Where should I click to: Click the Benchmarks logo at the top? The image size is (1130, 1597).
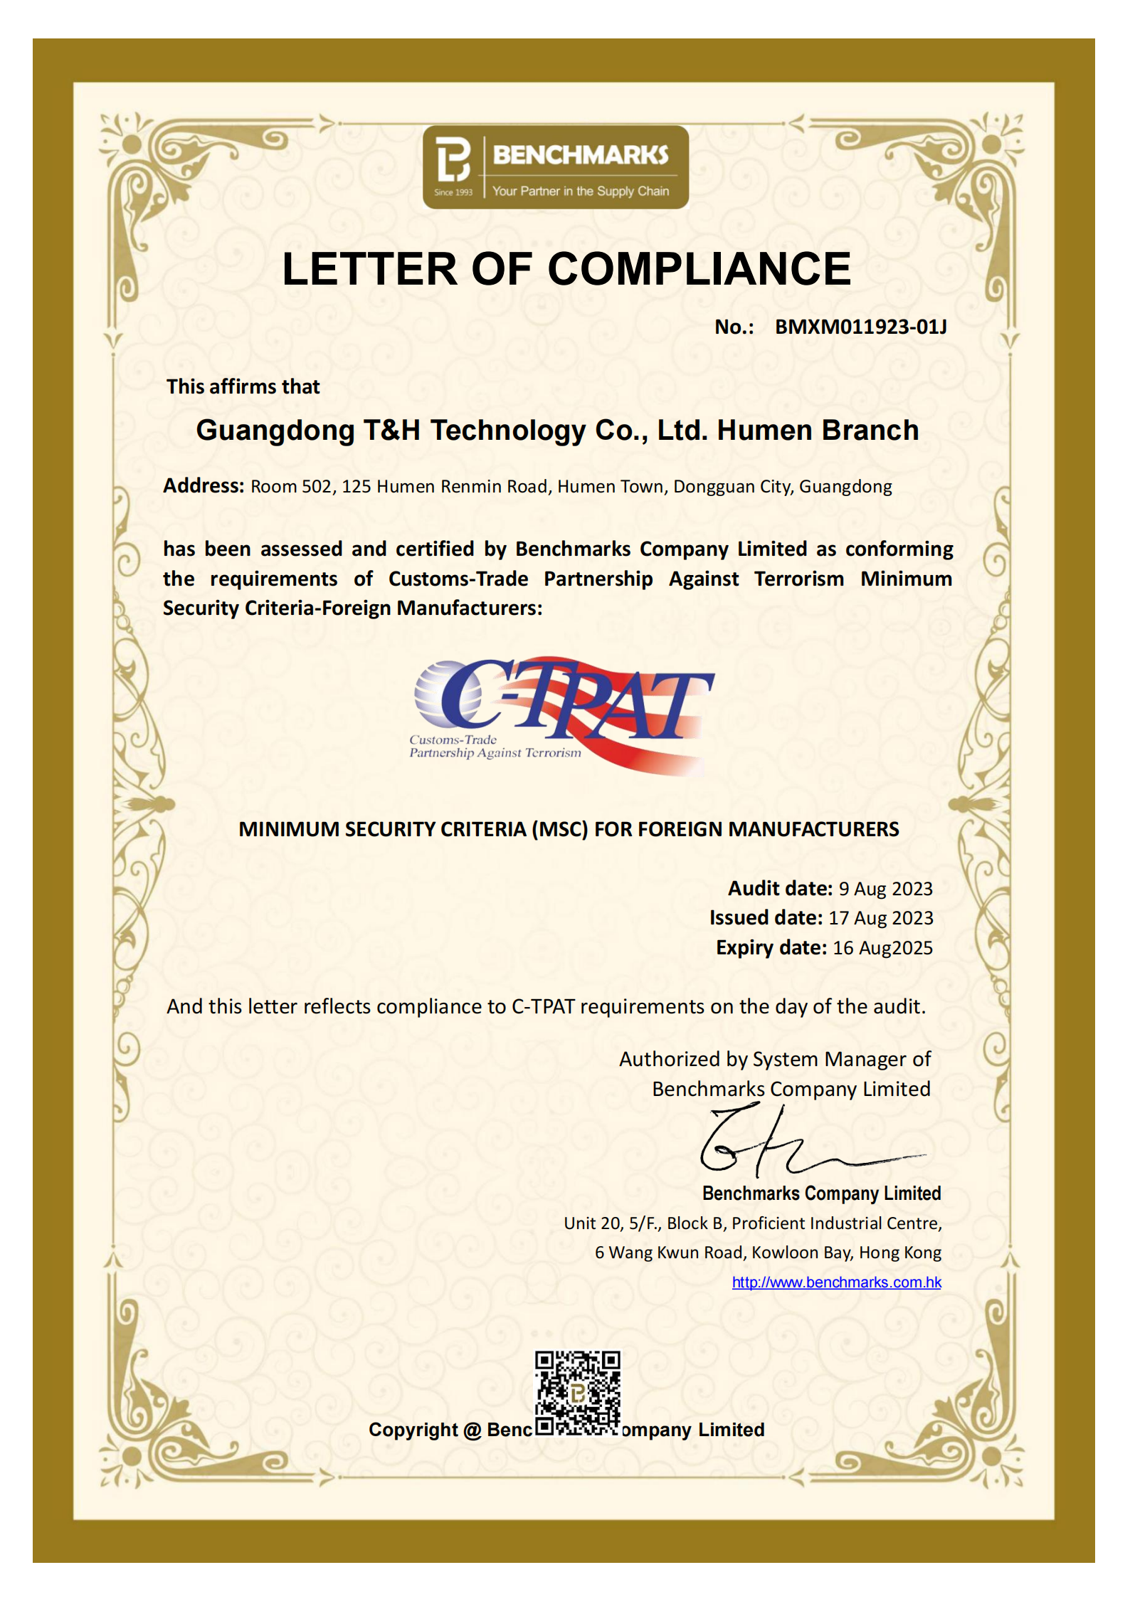pyautogui.click(x=555, y=167)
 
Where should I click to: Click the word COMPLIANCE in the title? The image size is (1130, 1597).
pyautogui.click(x=699, y=269)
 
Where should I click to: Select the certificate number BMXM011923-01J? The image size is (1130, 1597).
pyautogui.click(x=860, y=327)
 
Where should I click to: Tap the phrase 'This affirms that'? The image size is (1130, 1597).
pyautogui.click(x=243, y=386)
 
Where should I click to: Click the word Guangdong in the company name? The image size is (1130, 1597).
pyautogui.click(x=275, y=431)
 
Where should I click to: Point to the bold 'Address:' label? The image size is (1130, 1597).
pyautogui.click(x=204, y=485)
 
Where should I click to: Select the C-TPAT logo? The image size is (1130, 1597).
pyautogui.click(x=562, y=715)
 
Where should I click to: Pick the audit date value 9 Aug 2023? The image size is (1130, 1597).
pyautogui.click(x=885, y=889)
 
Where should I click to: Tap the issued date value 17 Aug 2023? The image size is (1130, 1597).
pyautogui.click(x=880, y=918)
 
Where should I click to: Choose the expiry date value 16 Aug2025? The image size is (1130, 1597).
pyautogui.click(x=882, y=948)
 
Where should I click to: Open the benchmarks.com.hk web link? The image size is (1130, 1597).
pyautogui.click(x=836, y=1282)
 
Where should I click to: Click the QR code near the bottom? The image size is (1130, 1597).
pyautogui.click(x=577, y=1393)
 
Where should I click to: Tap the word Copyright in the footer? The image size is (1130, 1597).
pyautogui.click(x=413, y=1430)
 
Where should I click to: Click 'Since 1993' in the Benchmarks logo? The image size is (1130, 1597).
pyautogui.click(x=453, y=192)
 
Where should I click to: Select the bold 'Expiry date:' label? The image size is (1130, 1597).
pyautogui.click(x=771, y=948)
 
